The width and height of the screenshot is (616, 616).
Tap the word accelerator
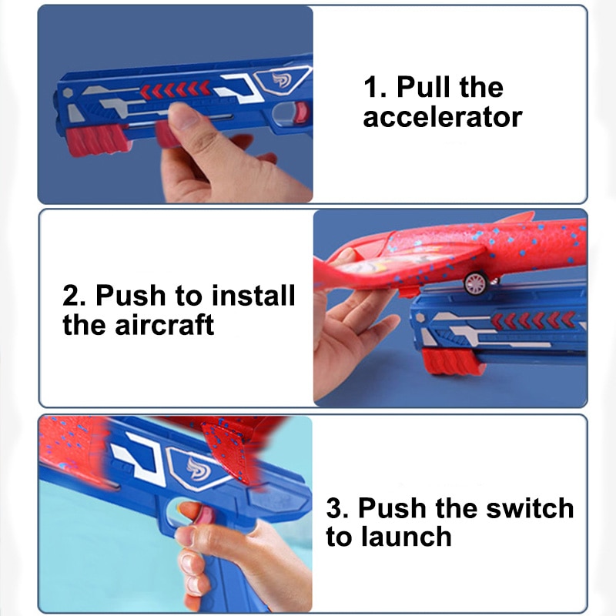[443, 118]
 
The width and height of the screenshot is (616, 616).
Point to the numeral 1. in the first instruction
[375, 87]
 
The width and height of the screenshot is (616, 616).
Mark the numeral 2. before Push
[75, 295]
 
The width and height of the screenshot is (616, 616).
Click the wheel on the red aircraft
[475, 283]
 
